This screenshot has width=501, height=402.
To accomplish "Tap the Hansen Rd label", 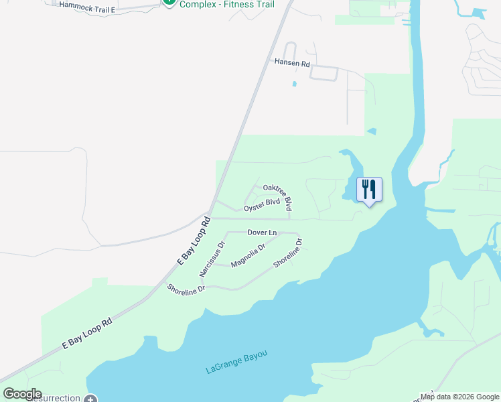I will [292, 63].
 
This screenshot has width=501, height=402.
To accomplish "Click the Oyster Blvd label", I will [261, 205].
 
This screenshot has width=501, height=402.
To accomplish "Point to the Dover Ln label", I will [262, 232].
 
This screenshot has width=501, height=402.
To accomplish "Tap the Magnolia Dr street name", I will [248, 255].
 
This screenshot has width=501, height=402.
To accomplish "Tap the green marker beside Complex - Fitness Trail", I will [169, 2].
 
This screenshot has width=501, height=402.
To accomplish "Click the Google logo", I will [22, 394].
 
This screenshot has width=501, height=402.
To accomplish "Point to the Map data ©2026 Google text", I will [459, 397].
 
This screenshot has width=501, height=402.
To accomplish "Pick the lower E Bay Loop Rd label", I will [87, 333].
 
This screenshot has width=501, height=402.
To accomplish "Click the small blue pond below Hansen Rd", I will [293, 84].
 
